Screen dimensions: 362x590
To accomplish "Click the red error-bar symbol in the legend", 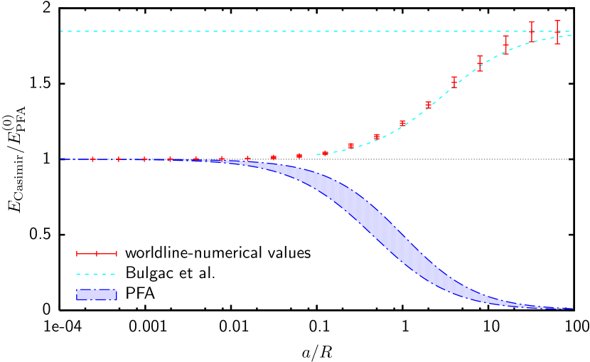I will coord(97,253).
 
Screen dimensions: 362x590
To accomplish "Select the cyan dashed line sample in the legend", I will coord(96,274).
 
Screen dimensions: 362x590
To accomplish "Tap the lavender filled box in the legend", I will coord(97,294).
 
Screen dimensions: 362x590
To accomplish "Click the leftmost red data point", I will coord(92,159).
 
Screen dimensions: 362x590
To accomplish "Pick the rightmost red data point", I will coord(557,32).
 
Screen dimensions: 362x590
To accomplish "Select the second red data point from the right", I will coord(532,32).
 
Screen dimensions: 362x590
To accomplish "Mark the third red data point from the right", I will coord(506,45).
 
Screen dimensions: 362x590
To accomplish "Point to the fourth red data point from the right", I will coord(480,63).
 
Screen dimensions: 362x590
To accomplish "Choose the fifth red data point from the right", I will coord(454,82).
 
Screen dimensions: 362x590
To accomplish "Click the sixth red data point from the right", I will coord(428,105).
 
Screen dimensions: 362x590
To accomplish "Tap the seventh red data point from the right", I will coord(402,123).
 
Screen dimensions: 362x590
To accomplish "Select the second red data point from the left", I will coord(118,159).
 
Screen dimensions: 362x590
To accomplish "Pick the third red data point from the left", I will coord(144,159).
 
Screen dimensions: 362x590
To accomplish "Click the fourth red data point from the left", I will coord(170,159).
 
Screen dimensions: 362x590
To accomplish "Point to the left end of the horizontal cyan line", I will coord(61,31).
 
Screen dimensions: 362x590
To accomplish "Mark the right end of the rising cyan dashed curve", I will coord(570,36).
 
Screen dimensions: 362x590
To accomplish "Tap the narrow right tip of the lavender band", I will coord(572,309).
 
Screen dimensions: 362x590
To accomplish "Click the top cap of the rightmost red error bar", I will coord(557,21).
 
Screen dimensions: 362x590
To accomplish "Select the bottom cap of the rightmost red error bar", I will coord(557,44).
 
